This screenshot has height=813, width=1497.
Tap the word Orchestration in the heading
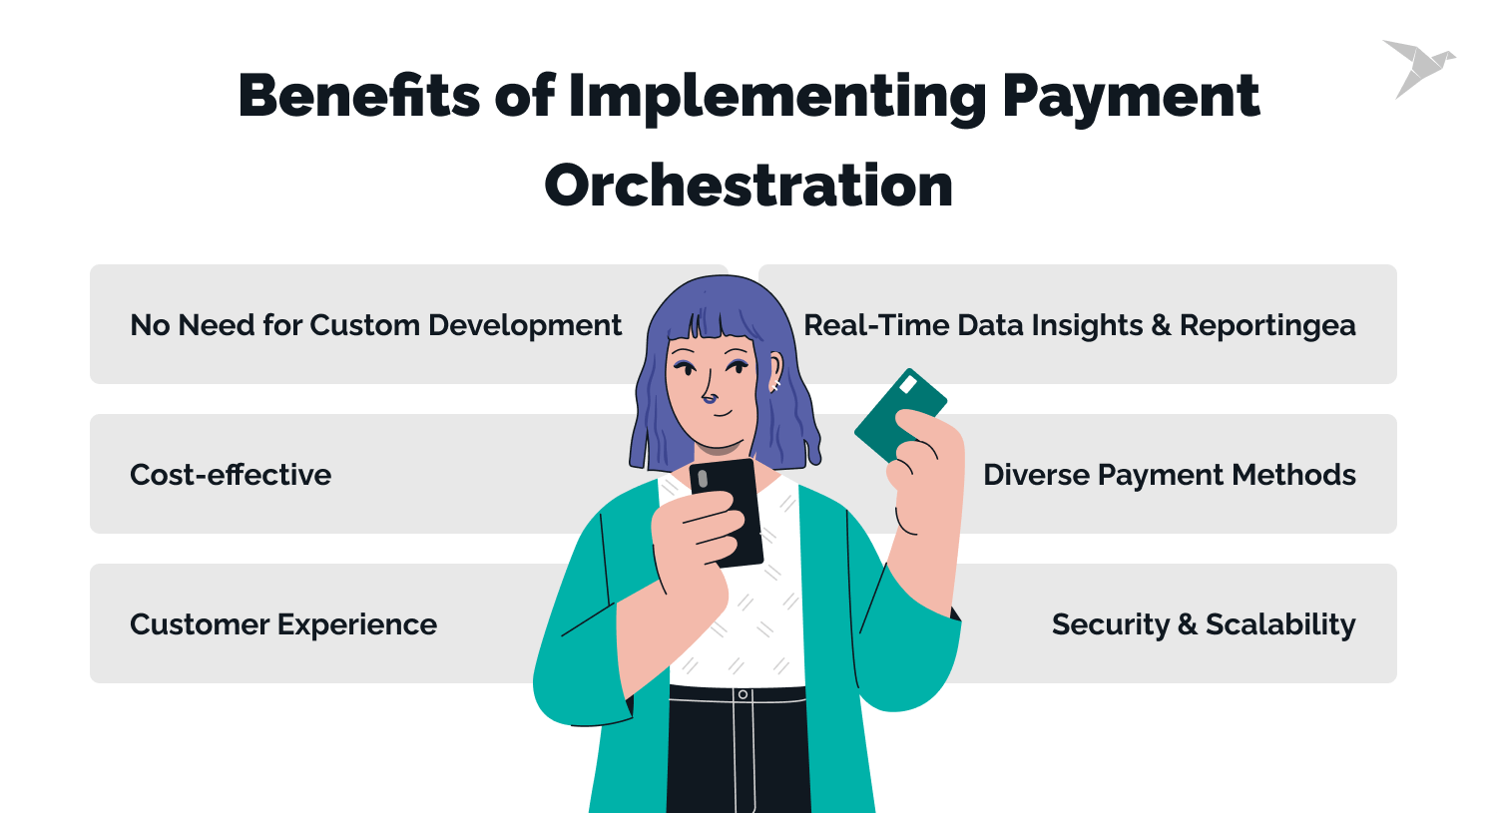coord(748,186)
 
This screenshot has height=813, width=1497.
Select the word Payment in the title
coord(1131,97)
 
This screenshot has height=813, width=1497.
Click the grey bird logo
coord(1416,67)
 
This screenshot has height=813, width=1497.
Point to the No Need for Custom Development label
coord(375,325)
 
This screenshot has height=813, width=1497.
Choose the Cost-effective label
coord(231,475)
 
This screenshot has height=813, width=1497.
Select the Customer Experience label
coord(283,624)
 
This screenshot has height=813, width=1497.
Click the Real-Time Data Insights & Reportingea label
coord(1080,325)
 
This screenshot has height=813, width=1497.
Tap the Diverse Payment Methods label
coord(1170,475)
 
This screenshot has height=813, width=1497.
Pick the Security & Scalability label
coord(1204,624)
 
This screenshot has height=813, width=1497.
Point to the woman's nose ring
coord(710,399)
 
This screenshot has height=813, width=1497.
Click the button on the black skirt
coord(742,693)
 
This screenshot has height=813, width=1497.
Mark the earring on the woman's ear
coord(773,385)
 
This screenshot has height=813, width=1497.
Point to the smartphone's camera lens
coord(703,479)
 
